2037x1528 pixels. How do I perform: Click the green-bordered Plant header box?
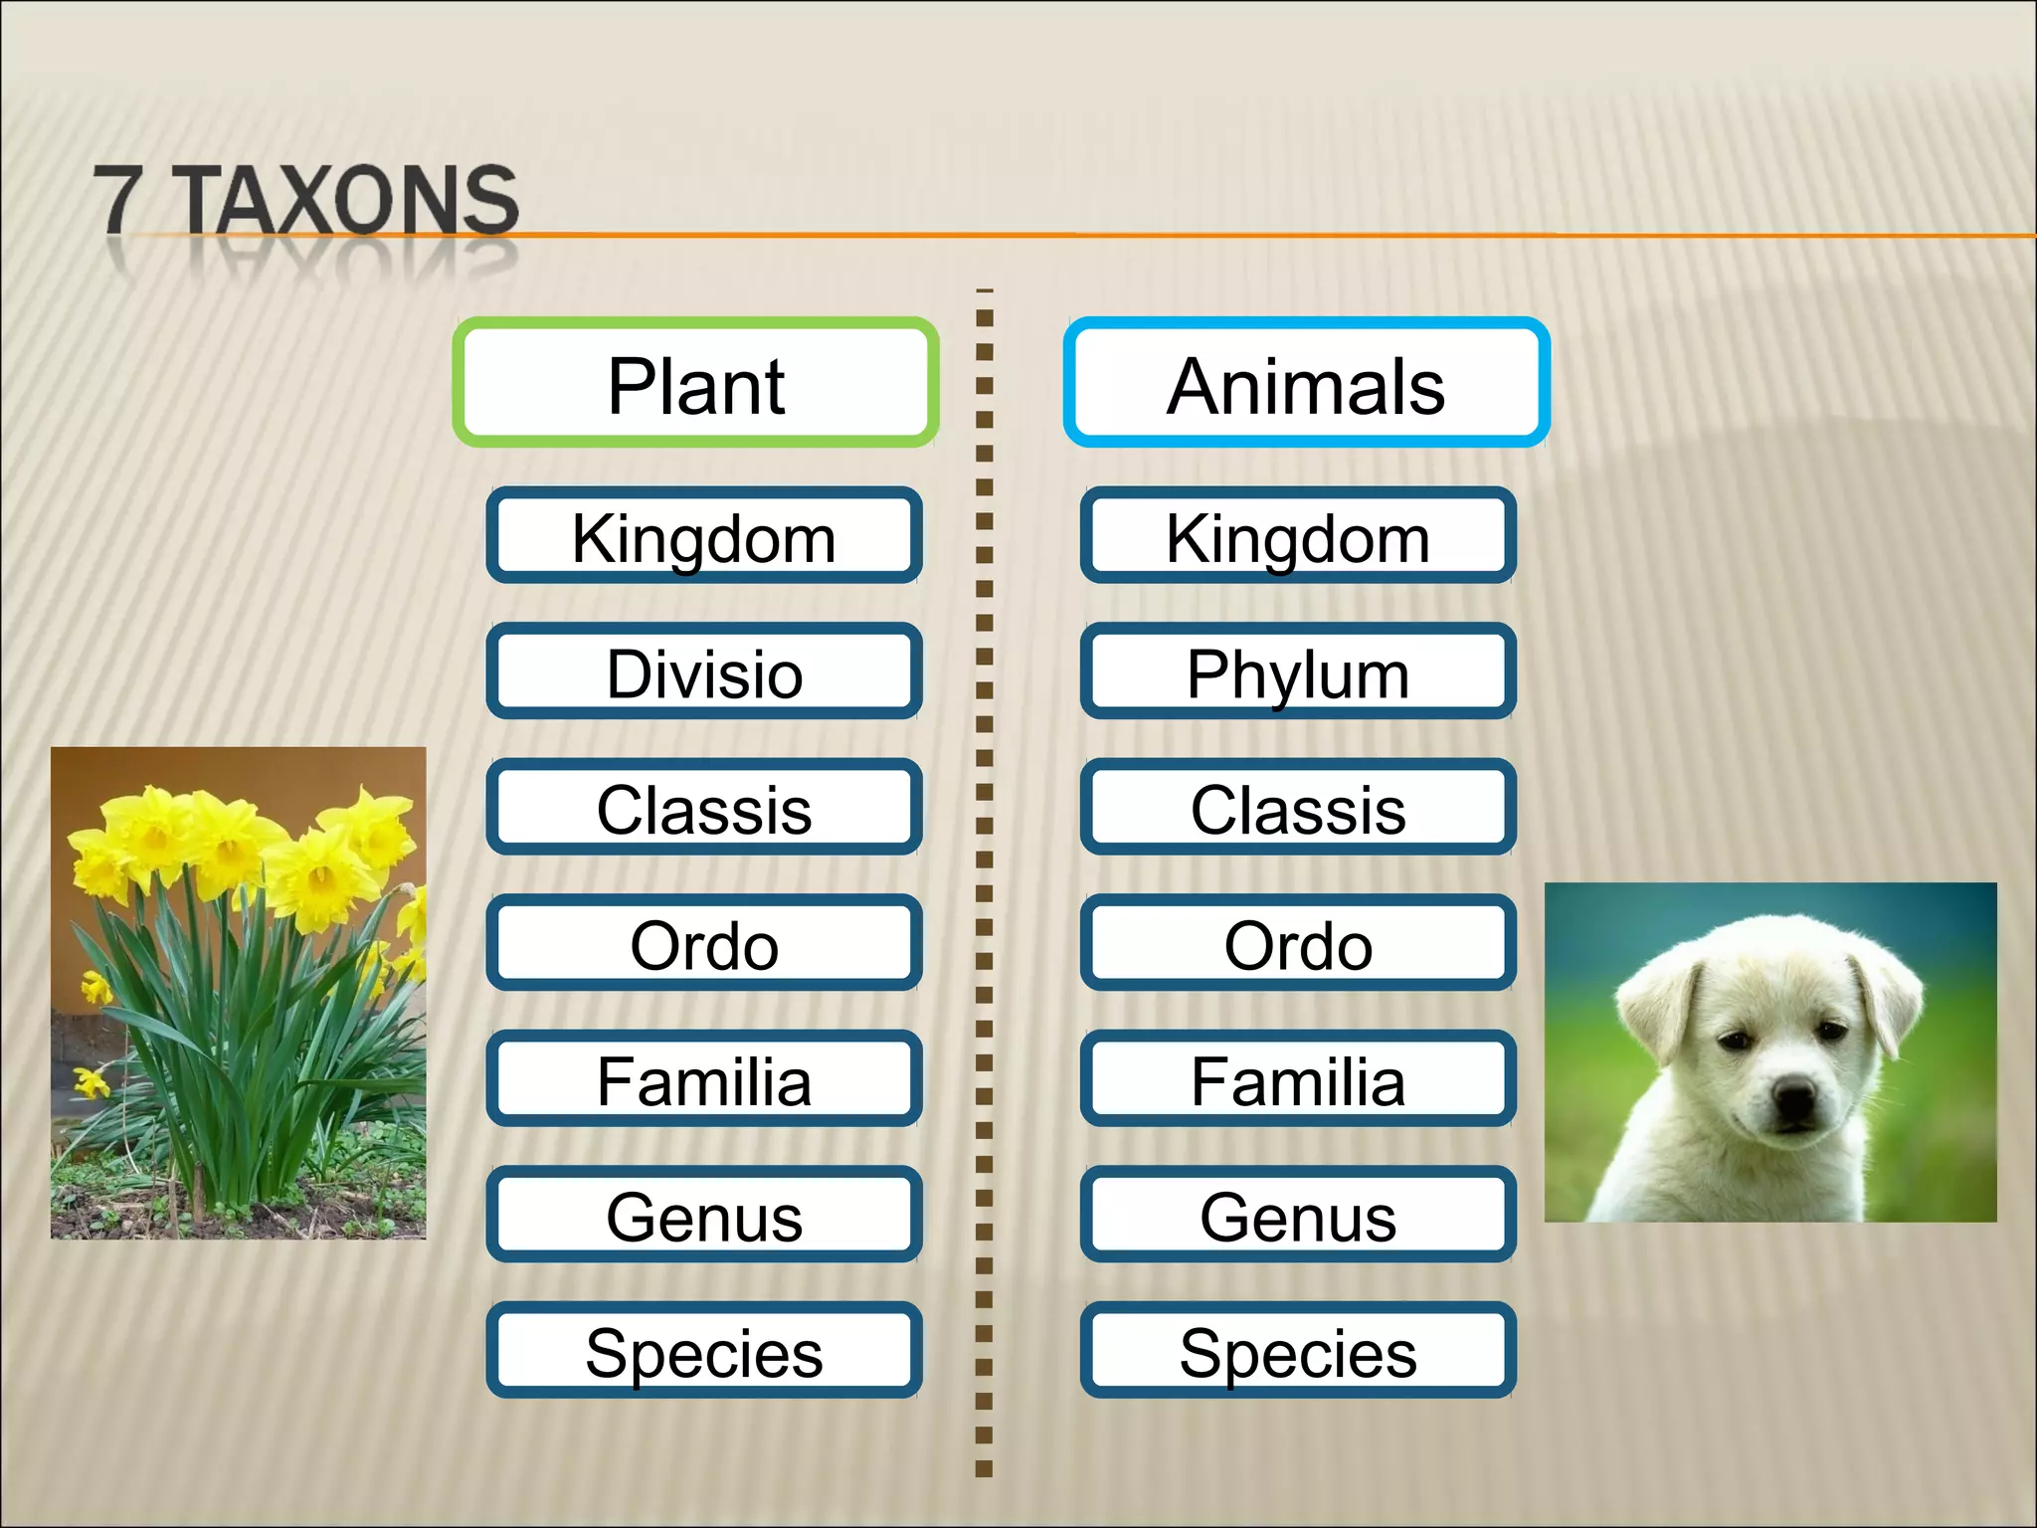(696, 384)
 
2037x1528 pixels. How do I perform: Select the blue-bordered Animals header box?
(1306, 384)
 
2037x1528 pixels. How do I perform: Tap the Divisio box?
(704, 672)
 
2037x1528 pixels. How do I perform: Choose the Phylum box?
(1298, 672)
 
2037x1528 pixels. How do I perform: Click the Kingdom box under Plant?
(704, 537)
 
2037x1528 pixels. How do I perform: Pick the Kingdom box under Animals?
(1298, 537)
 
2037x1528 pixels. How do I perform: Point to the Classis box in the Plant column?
(704, 808)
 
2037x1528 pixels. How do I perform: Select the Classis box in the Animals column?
(1298, 808)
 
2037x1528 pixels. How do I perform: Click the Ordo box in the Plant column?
(704, 943)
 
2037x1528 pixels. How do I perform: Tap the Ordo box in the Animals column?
(1298, 943)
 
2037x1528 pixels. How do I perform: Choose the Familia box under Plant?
(704, 1079)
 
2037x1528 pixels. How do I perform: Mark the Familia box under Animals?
(1298, 1079)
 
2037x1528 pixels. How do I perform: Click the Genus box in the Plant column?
(704, 1216)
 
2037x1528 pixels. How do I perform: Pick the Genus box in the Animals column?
(1298, 1216)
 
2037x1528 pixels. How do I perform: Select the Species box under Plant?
(704, 1351)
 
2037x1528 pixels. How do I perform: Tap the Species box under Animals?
(1298, 1351)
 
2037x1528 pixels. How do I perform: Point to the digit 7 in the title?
(118, 199)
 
